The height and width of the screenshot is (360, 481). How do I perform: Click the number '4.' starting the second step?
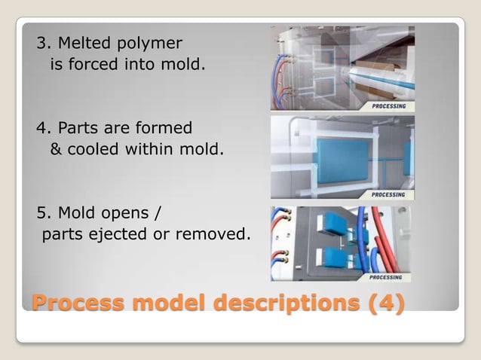43,127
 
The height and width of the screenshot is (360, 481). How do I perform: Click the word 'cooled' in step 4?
93,148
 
